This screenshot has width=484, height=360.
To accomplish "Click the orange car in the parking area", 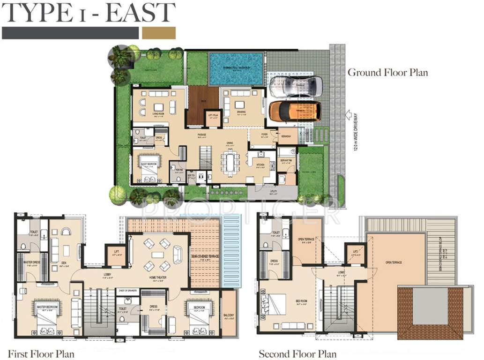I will coord(295,111).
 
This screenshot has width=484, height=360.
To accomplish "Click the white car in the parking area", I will coord(296,86).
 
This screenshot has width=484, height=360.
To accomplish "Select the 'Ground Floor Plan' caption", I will coord(387,73).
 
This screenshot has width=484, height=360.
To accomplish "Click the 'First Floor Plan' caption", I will coord(41,353).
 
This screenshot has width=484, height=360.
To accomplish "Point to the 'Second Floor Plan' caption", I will coord(298,353).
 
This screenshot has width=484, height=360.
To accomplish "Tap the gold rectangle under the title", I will coord(159,33).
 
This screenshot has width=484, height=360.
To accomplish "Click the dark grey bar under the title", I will coord(70,33).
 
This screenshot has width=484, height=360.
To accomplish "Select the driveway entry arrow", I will coord(348,114).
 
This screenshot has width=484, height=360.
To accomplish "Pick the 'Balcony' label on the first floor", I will coord(229,315).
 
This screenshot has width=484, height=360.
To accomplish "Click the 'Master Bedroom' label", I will coord(47,307).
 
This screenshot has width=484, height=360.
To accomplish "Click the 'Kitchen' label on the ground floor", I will coord(260,165).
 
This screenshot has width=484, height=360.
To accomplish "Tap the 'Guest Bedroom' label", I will coord(149,157).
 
